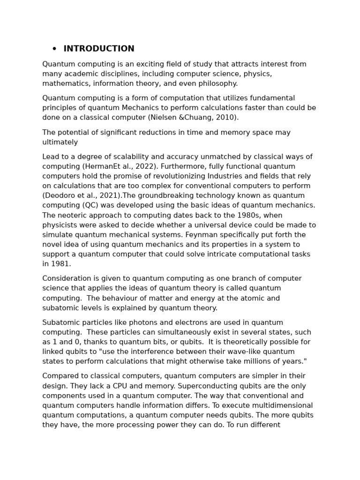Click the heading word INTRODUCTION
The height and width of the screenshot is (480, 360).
(x=99, y=49)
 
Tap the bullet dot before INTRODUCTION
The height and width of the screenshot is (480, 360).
(x=54, y=49)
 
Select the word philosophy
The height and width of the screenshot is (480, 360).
(x=217, y=83)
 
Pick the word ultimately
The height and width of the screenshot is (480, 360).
(x=60, y=142)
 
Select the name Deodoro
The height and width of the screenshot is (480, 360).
(x=59, y=195)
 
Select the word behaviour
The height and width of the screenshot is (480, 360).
(x=121, y=298)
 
